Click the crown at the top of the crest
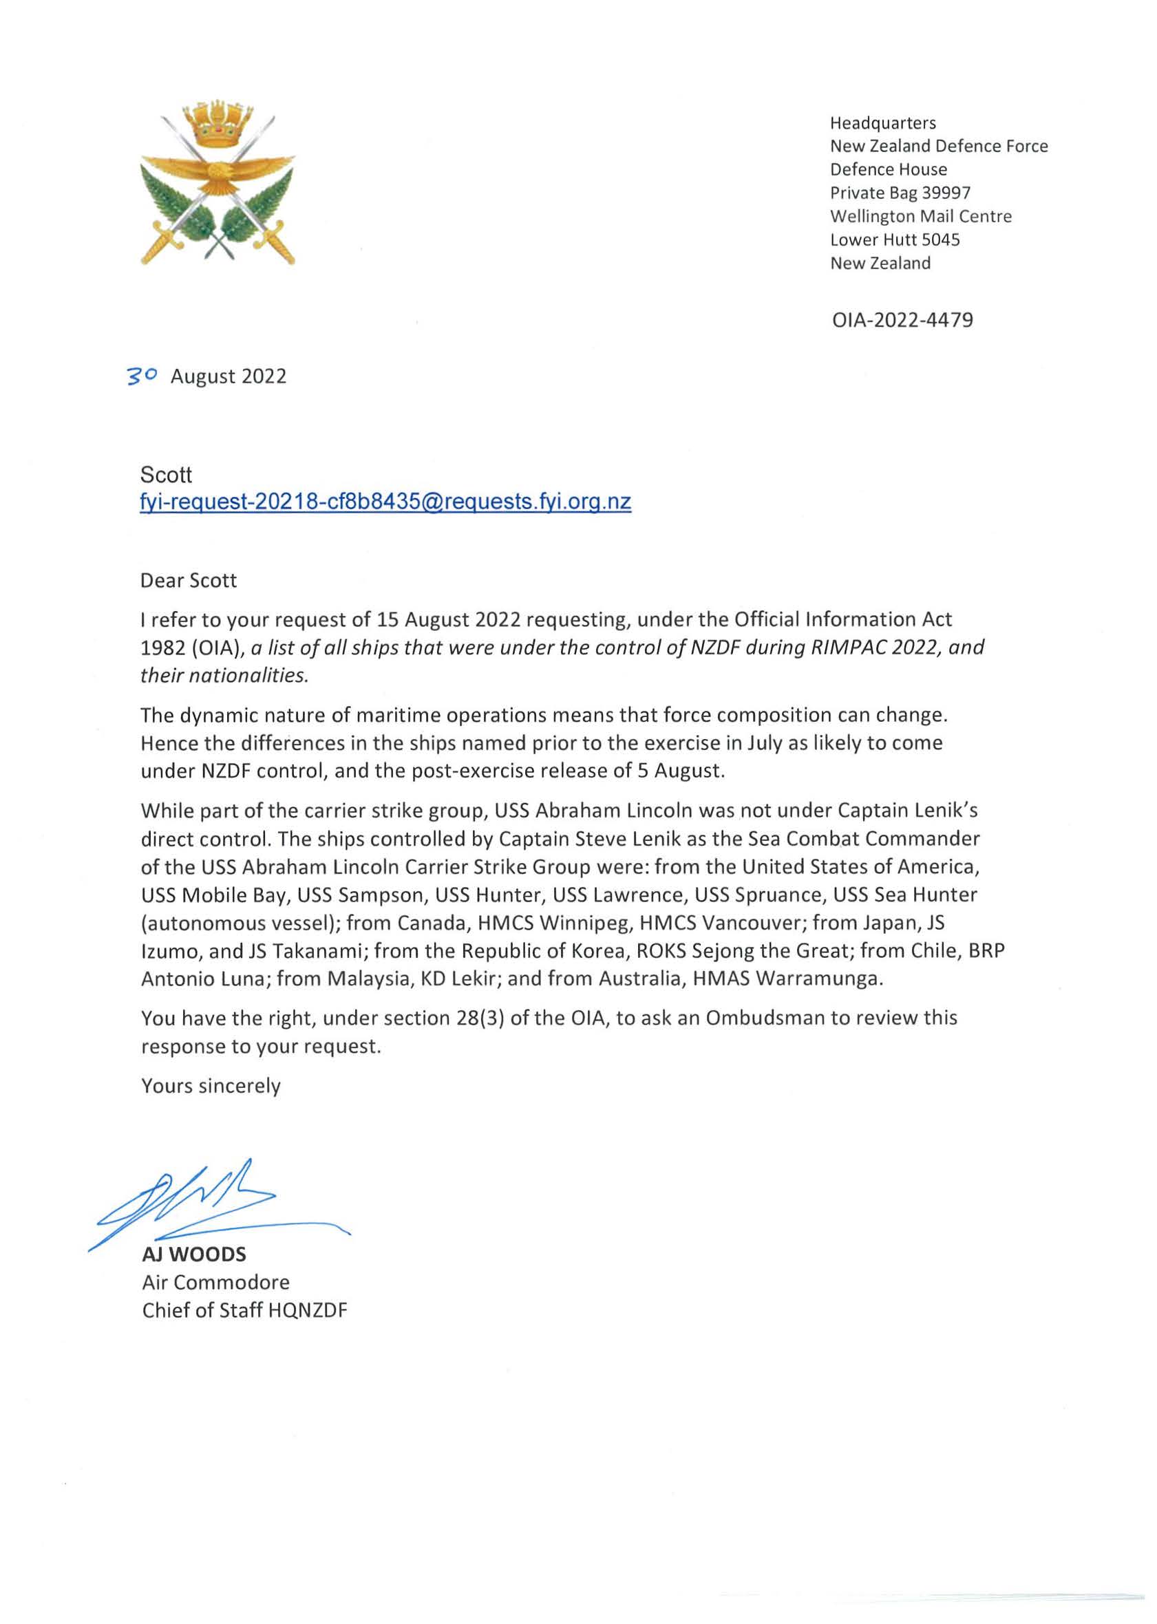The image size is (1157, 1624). [x=218, y=125]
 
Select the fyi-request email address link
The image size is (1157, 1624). [x=385, y=502]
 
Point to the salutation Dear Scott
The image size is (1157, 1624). [x=189, y=581]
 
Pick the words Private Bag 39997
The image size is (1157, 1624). [x=900, y=193]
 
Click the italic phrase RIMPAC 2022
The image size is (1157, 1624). [x=871, y=648]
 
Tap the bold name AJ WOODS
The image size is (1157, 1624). [x=194, y=1254]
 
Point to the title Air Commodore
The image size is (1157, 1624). [x=216, y=1282]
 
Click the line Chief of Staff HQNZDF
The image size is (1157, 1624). [x=244, y=1311]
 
